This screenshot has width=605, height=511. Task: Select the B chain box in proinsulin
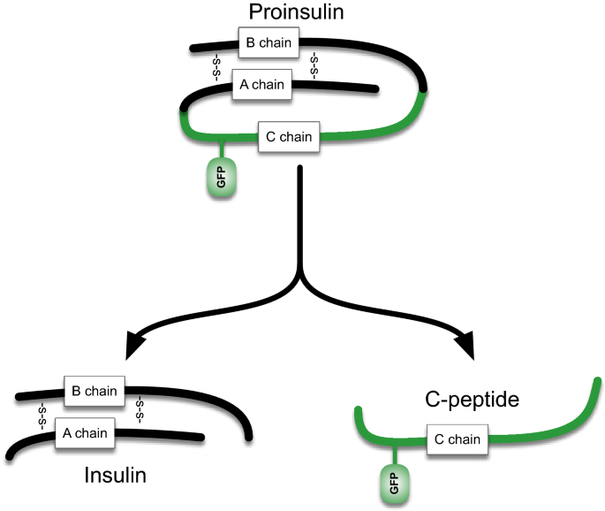click(269, 40)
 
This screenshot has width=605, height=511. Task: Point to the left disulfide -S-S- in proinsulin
click(215, 66)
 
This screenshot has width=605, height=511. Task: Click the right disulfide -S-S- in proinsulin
click(315, 64)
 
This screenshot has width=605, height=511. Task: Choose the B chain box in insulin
click(95, 389)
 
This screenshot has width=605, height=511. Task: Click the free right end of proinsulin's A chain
click(375, 88)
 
